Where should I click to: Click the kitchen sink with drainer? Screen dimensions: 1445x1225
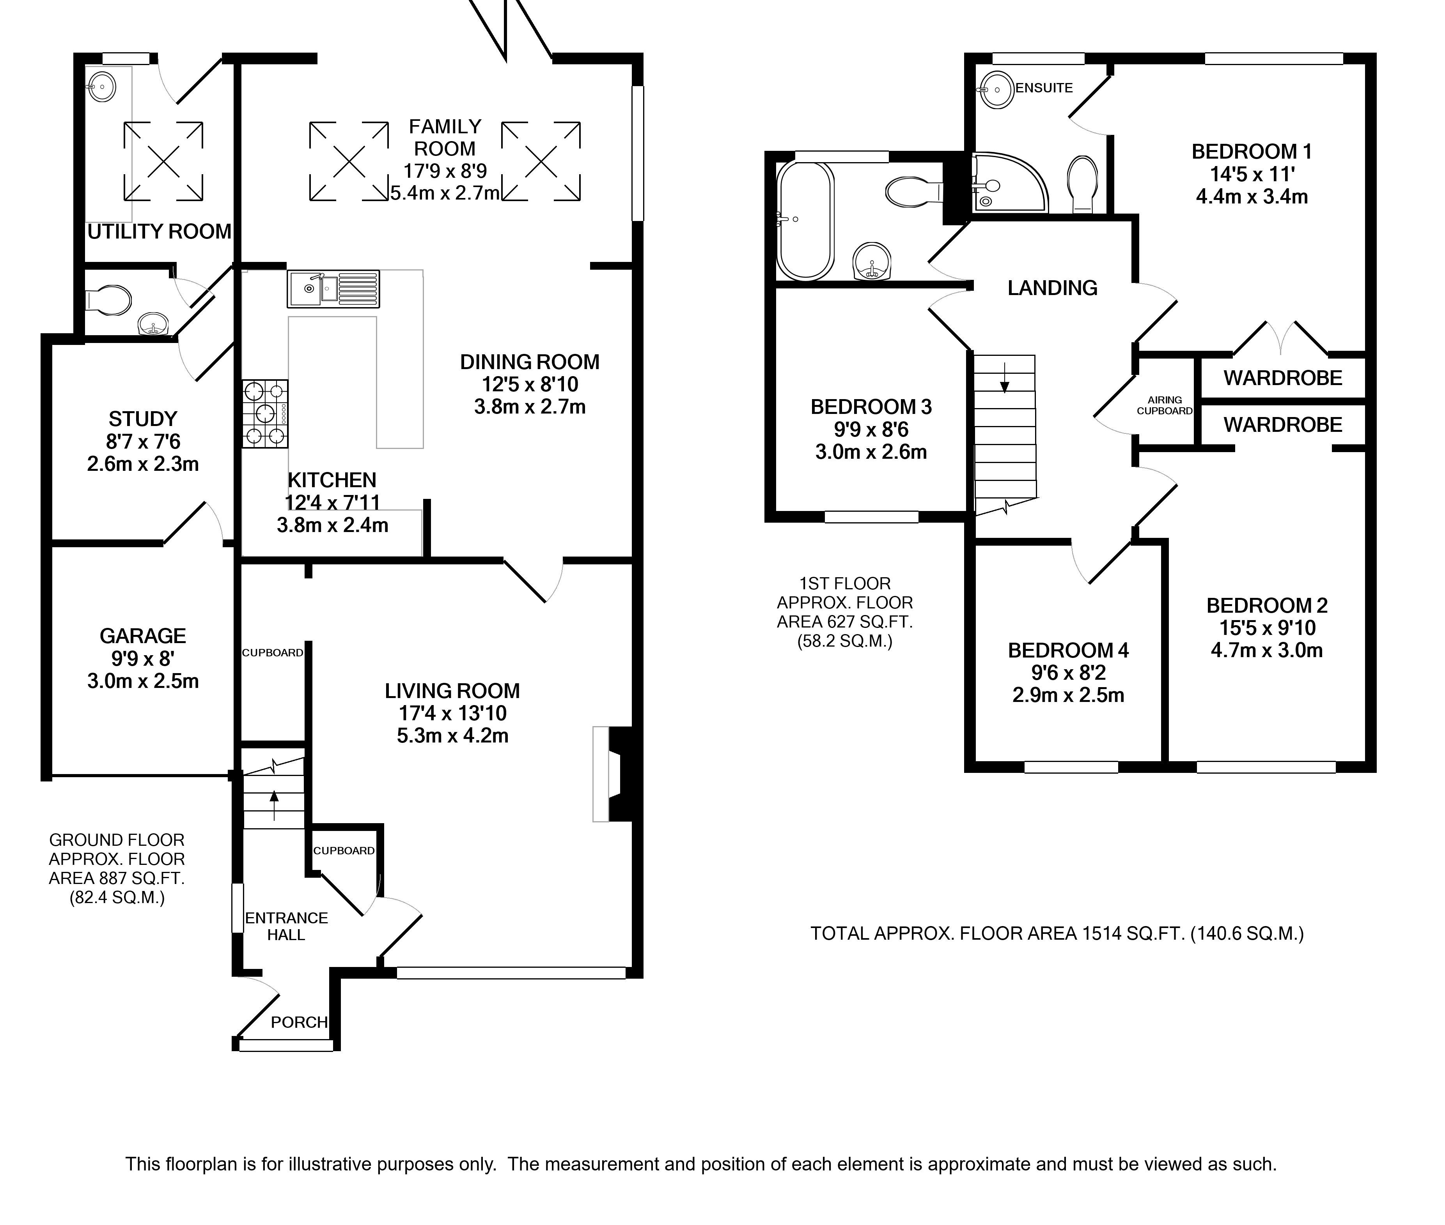coord(333,289)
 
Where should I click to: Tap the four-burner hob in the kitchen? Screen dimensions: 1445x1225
coord(265,414)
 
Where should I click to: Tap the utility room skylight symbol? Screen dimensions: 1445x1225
coord(164,161)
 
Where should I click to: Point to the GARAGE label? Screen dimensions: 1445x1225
coord(143,635)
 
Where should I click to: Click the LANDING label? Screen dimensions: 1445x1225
coord(1053,288)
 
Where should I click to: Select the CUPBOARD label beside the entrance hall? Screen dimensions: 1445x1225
coord(344,851)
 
